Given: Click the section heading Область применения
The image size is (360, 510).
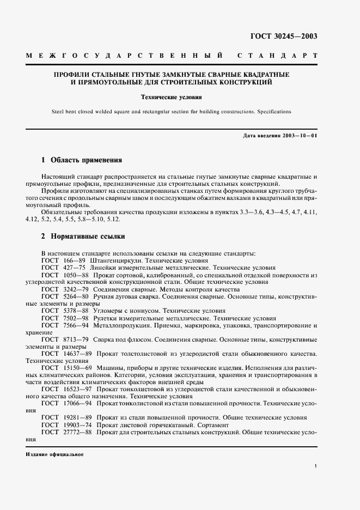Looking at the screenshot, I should tap(87, 161).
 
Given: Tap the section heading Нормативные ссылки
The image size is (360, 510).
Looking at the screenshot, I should tap(88, 237).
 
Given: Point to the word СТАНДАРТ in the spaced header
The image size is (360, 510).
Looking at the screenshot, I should tap(277, 56).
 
